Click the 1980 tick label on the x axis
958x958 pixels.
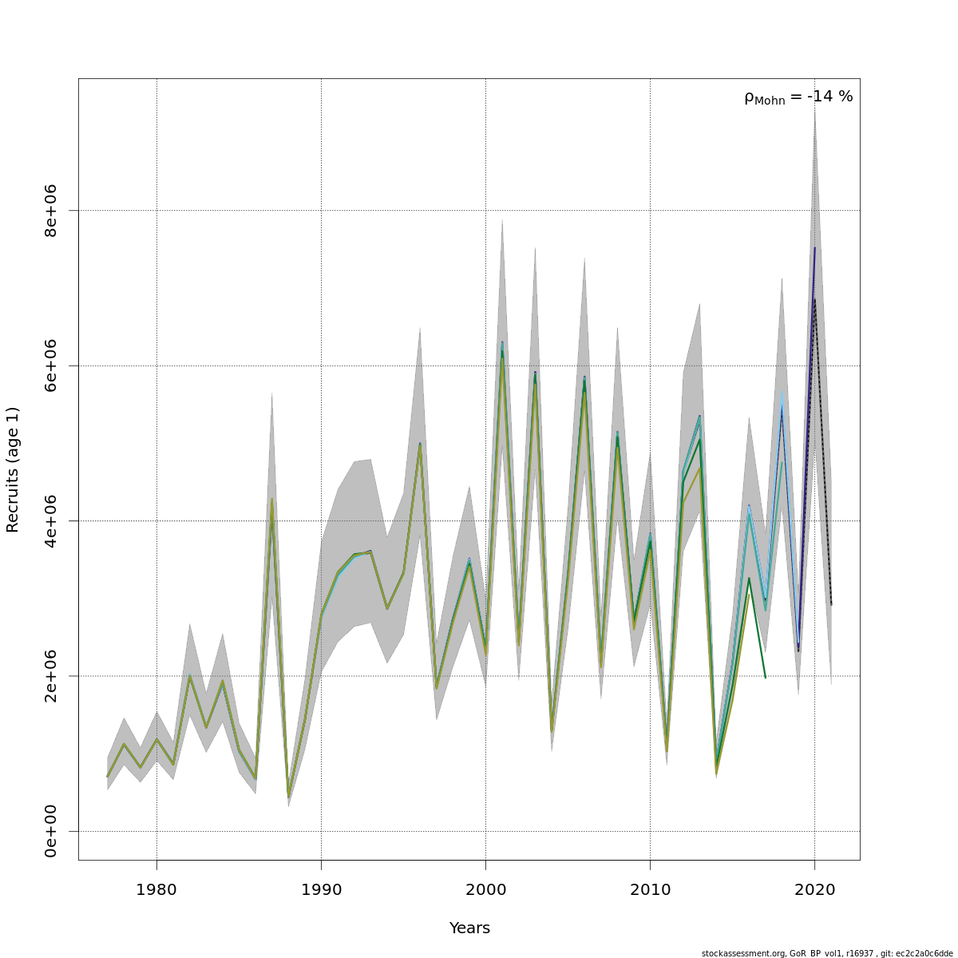[x=156, y=889]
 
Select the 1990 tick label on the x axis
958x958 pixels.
[x=321, y=889]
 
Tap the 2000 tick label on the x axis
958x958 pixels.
[x=485, y=889]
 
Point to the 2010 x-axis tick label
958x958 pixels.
[x=650, y=889]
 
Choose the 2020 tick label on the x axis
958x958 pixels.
[x=814, y=889]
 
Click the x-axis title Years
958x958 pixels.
[x=469, y=928]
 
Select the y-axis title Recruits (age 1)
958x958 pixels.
[x=13, y=469]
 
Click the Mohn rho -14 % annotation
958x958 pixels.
[x=798, y=97]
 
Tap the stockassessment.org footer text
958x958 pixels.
[x=827, y=953]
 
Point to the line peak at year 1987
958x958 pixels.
[x=272, y=500]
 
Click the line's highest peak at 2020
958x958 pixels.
[x=814, y=248]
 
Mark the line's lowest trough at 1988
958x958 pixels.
[x=288, y=797]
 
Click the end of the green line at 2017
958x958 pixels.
[x=765, y=678]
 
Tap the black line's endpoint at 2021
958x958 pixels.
[x=831, y=604]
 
